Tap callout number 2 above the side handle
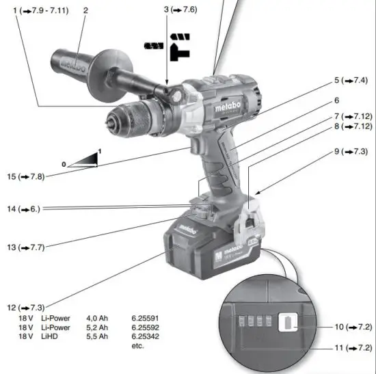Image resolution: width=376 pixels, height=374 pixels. point(85,10)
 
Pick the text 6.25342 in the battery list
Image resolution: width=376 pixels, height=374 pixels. point(146,336)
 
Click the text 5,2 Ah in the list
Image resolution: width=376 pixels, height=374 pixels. point(97,328)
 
